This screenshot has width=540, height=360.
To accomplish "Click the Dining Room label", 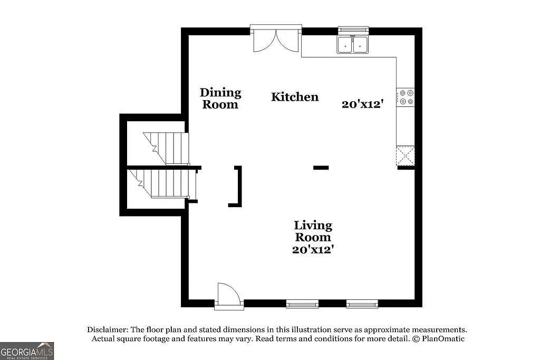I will point(220,99).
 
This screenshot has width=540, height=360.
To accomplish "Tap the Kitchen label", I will point(295,97).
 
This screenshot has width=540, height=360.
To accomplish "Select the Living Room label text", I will point(313,231).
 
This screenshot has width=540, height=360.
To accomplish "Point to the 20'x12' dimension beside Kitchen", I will point(362,104).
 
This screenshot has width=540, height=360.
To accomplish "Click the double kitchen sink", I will point(353,45).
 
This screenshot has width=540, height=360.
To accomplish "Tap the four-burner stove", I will point(406,97).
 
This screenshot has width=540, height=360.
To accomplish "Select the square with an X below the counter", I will point(406,155).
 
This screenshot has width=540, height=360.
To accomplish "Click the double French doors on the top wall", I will point(276,40).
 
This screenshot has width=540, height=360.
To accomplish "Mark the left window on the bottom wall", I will point(302,304).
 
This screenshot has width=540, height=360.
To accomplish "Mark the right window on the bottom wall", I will point(362,304).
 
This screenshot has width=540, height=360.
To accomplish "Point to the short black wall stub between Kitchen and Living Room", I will point(321,168).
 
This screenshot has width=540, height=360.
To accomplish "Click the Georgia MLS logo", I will point(27,351).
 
